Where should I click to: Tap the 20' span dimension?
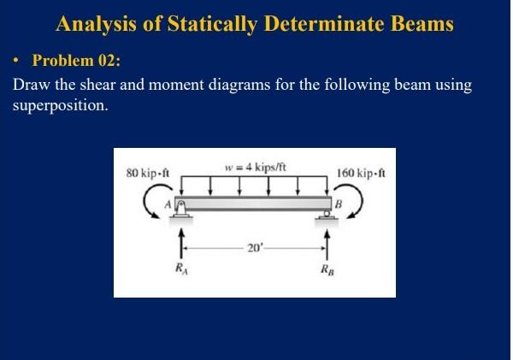pyautogui.click(x=255, y=248)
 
